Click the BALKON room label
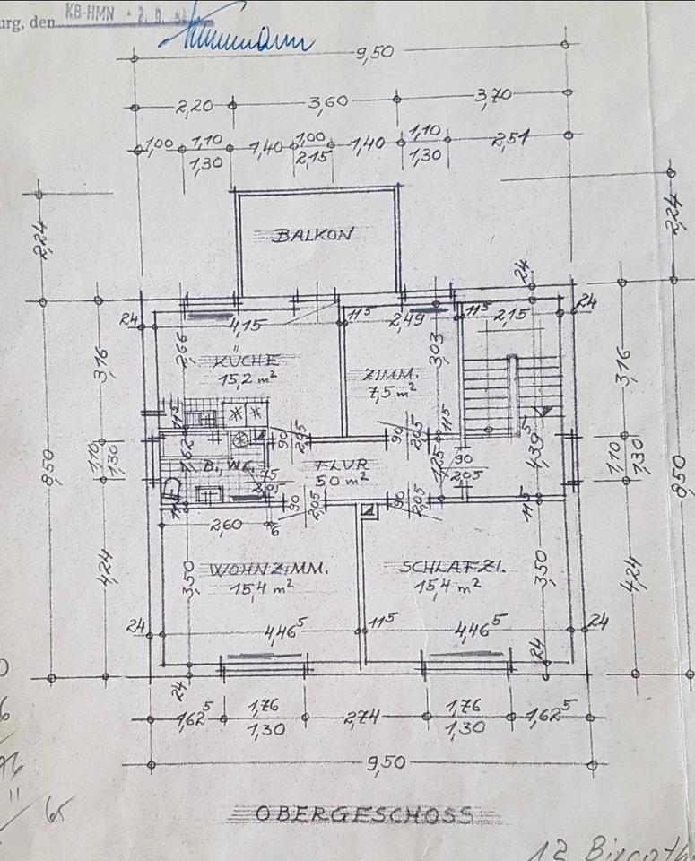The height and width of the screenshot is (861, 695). tap(314, 236)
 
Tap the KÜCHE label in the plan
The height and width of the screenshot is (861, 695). tap(247, 361)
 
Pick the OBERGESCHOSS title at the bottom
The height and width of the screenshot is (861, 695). tap(363, 814)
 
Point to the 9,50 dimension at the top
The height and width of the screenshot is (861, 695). tap(374, 52)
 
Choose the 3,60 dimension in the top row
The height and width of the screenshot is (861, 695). tap(328, 103)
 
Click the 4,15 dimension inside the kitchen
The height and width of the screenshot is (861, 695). tap(244, 324)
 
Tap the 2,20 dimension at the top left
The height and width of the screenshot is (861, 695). tap(195, 107)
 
